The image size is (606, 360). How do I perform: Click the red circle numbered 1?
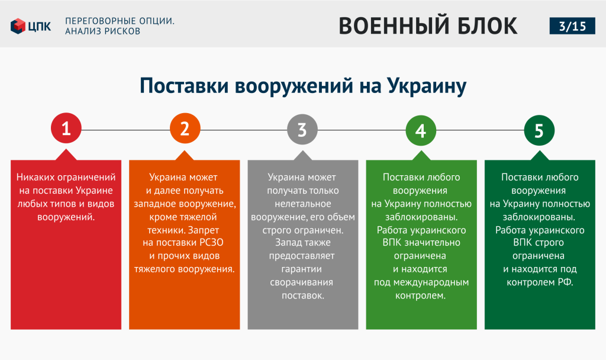[x=66, y=128]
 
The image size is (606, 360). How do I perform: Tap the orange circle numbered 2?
[x=185, y=128]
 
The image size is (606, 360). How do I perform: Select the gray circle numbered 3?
[x=302, y=130]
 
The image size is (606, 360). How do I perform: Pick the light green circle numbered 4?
[x=421, y=130]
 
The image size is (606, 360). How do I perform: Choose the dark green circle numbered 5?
[x=539, y=130]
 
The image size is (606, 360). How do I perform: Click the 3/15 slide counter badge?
[x=572, y=26]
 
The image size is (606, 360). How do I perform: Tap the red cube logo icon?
[x=18, y=26]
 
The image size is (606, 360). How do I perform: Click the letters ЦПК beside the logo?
[x=40, y=26]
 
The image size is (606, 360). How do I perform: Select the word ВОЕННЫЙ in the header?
[x=394, y=26]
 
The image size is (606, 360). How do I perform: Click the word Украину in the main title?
[x=427, y=86]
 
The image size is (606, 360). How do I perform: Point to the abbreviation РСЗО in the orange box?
[x=211, y=242]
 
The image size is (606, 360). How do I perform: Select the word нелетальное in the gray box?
[x=303, y=204]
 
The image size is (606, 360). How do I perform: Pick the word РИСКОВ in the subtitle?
[x=121, y=31]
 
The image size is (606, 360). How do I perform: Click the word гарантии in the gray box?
[x=301, y=269]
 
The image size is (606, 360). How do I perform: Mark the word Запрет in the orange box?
[x=204, y=230]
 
